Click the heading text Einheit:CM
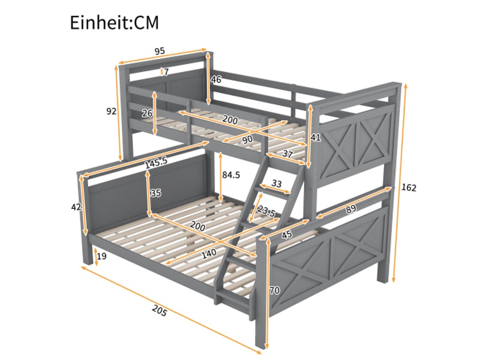coord(115,22)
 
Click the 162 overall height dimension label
coord(409,187)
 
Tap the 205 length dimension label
coord(160,311)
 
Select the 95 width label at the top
coord(160,51)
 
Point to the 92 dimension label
coord(112,112)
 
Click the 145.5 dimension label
coord(156,163)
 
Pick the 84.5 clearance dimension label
coord(231,175)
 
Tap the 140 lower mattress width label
coord(209,253)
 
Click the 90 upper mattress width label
coord(247,139)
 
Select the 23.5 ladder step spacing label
coord(266,211)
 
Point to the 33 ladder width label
coord(277,184)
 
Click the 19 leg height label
coord(101,256)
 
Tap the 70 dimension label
coord(274,290)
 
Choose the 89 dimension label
coord(351,209)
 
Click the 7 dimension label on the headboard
coord(166,72)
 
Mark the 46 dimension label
coord(216,80)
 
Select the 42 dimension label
coord(76,207)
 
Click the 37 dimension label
coord(287,154)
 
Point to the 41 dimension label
coord(316,137)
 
